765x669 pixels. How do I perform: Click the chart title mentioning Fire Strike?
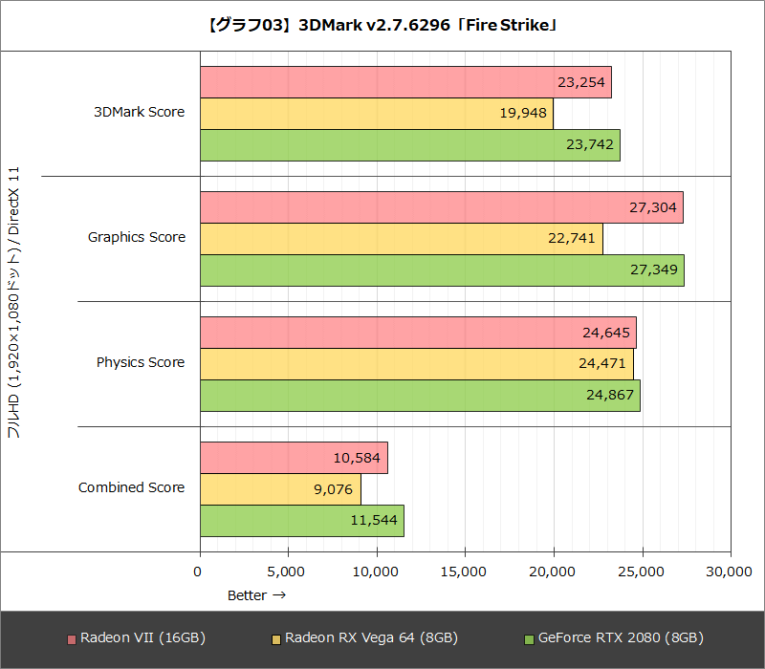pyautogui.click(x=382, y=24)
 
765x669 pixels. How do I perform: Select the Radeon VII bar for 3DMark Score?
pyautogui.click(x=405, y=82)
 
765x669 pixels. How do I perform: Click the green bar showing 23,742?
pyautogui.click(x=409, y=145)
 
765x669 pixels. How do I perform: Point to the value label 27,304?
pyautogui.click(x=654, y=207)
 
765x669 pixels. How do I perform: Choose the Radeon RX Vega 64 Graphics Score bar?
pyautogui.click(x=401, y=238)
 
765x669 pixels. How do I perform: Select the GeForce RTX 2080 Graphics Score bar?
pyautogui.click(x=442, y=270)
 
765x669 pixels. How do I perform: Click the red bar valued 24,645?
pyautogui.click(x=418, y=333)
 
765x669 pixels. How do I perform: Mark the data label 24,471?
pyautogui.click(x=604, y=364)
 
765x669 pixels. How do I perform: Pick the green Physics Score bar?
pyautogui.click(x=420, y=395)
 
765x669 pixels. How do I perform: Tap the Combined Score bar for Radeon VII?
pyautogui.click(x=294, y=458)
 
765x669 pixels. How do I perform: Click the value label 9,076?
pyautogui.click(x=334, y=489)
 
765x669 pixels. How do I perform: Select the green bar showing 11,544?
pyautogui.click(x=301, y=520)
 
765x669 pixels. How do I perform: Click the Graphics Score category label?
pyautogui.click(x=137, y=238)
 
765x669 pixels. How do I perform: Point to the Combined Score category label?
pyautogui.click(x=131, y=488)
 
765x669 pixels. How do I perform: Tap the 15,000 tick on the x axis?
pyautogui.click(x=464, y=572)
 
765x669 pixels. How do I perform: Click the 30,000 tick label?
pyautogui.click(x=728, y=572)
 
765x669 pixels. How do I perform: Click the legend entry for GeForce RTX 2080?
pyautogui.click(x=614, y=638)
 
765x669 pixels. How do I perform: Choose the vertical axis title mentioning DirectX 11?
pyautogui.click(x=14, y=306)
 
